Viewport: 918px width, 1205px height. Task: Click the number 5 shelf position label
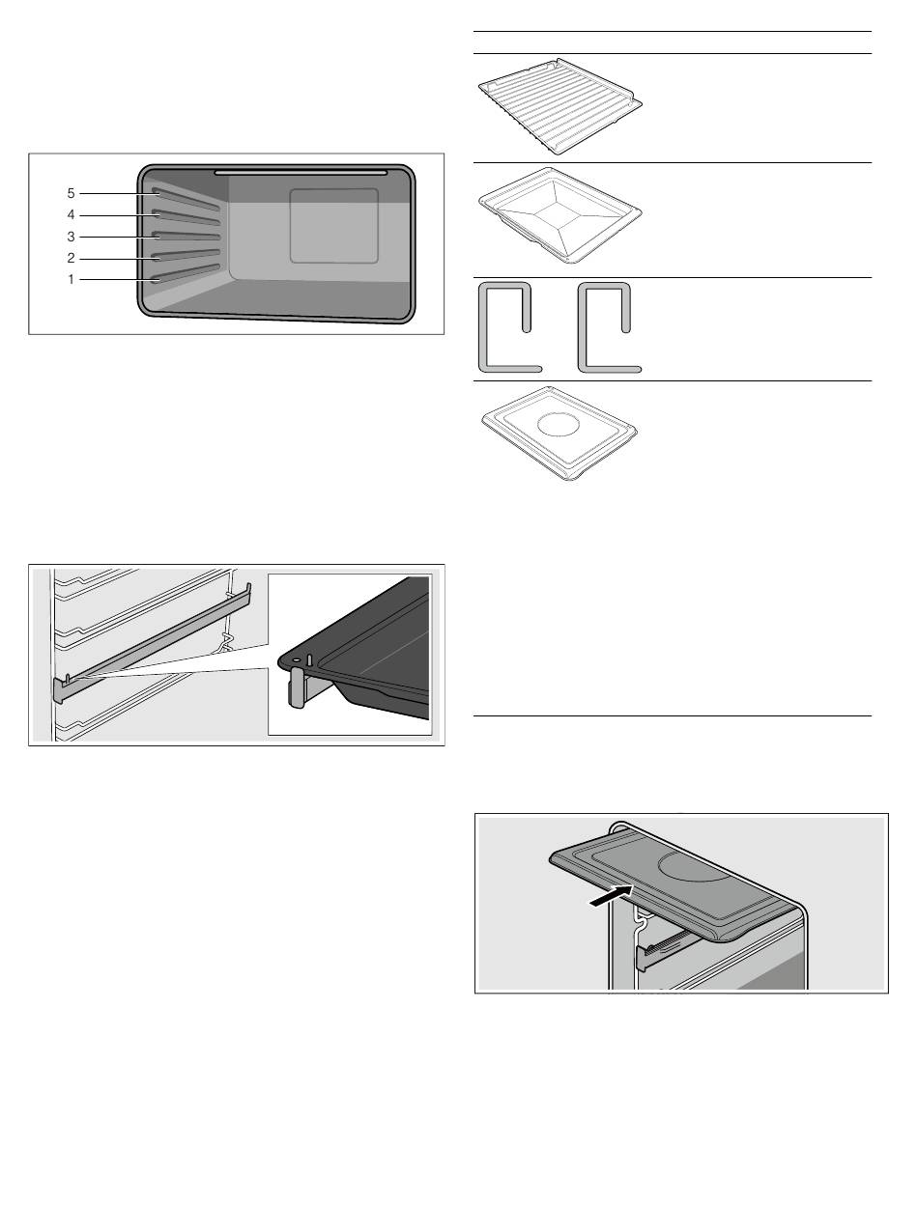tap(71, 193)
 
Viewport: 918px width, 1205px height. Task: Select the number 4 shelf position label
tap(71, 214)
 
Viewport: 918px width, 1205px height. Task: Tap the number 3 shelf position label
tap(71, 237)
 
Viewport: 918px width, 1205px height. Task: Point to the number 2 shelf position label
tap(71, 258)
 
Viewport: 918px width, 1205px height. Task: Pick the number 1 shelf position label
tap(71, 279)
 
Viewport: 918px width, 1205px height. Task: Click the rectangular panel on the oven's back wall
tap(334, 226)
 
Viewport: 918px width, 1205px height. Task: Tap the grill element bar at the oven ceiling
tap(301, 173)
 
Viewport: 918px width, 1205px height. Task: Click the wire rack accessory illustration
tap(559, 106)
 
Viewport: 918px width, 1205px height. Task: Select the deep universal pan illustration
tap(559, 215)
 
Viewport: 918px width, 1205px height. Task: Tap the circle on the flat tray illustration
tap(558, 426)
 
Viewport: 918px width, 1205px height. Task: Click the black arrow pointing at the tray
tap(611, 896)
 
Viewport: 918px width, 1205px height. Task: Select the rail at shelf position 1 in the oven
tap(186, 273)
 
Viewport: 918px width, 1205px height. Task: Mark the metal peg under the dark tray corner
tap(296, 687)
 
